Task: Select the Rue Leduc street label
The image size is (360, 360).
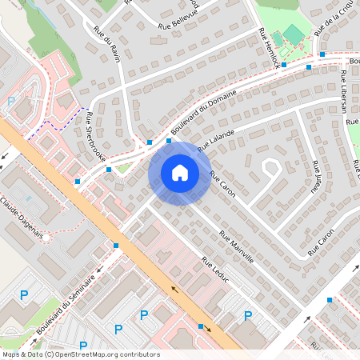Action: pos(216,272)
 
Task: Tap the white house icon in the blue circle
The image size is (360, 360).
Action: pos(180,173)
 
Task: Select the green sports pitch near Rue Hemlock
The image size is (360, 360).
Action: pos(294,34)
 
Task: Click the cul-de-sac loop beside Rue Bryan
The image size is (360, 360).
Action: pos(270,168)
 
